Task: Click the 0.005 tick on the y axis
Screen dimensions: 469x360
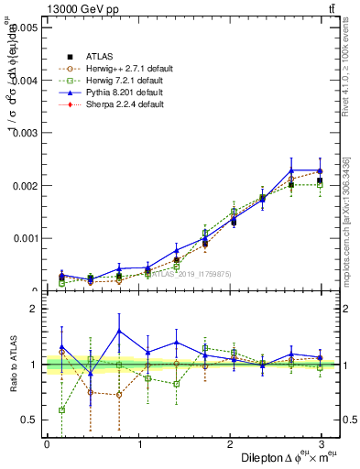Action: click(x=23, y=27)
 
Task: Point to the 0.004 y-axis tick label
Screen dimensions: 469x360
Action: click(x=23, y=81)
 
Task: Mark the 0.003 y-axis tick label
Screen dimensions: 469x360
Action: click(x=23, y=133)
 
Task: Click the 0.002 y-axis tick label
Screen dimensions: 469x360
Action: click(x=23, y=186)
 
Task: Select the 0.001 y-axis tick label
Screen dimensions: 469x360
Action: click(x=23, y=238)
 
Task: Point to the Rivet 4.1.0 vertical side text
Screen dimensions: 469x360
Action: click(x=352, y=69)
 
